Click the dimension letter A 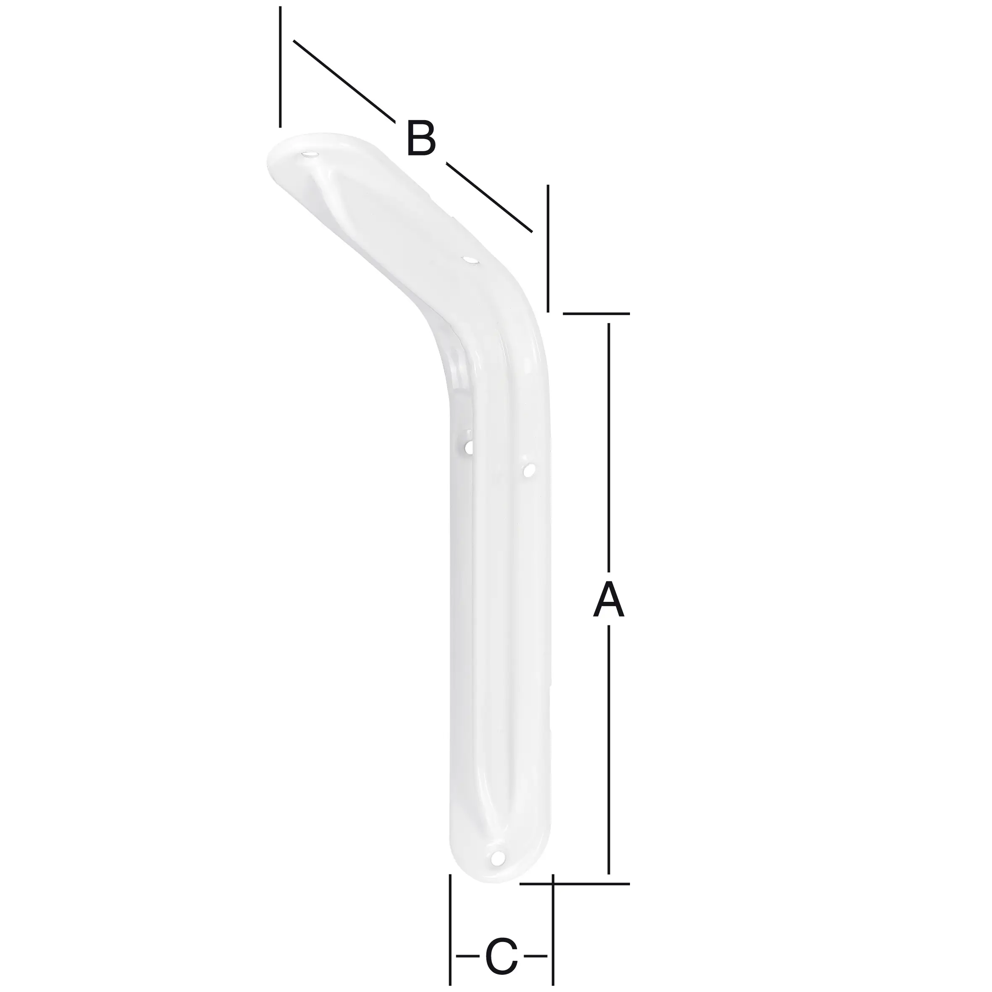click(x=609, y=599)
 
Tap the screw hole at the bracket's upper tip click(x=310, y=154)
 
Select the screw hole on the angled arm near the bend click(x=469, y=260)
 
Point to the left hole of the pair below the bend click(x=469, y=447)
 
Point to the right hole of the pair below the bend click(x=529, y=469)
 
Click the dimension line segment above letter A click(x=609, y=447)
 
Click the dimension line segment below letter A click(x=609, y=750)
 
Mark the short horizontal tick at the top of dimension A click(x=596, y=313)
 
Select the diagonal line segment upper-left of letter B click(x=344, y=81)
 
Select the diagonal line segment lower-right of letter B click(x=489, y=198)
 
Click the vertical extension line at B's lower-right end click(x=548, y=249)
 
